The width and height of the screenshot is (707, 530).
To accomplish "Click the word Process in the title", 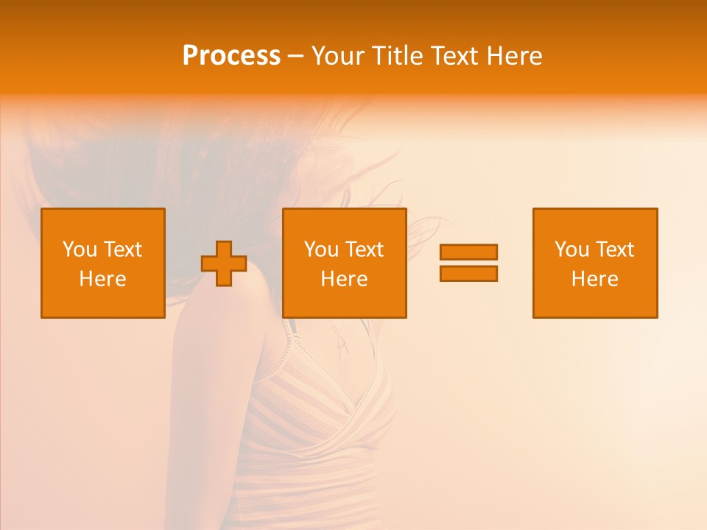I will (x=231, y=56).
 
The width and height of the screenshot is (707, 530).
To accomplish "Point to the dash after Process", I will (x=295, y=56).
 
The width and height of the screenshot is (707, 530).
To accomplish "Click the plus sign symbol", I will (x=224, y=264).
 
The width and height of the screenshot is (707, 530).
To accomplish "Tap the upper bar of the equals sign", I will (x=468, y=252).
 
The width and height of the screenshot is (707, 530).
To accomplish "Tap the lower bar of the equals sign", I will (x=468, y=273).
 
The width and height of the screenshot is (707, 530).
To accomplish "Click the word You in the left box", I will (x=80, y=250).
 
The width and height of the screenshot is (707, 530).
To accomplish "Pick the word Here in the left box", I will (x=102, y=279).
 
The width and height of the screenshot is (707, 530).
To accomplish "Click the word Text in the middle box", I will (x=364, y=250).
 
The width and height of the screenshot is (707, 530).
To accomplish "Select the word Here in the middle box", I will (x=344, y=279).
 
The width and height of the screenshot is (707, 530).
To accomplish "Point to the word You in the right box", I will (x=571, y=250).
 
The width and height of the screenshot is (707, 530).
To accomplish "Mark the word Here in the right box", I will (x=594, y=279).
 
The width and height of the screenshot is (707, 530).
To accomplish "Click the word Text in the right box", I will (x=614, y=250).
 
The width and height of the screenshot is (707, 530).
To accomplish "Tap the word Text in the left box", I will (x=122, y=250).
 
